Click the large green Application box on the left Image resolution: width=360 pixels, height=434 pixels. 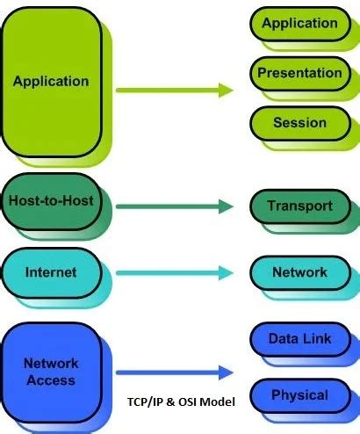click(x=51, y=82)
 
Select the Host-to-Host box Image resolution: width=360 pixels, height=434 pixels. click(x=50, y=201)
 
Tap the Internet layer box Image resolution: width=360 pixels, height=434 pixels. click(x=50, y=271)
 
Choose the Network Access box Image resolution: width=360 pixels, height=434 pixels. click(x=50, y=372)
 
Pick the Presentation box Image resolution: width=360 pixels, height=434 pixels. click(x=299, y=74)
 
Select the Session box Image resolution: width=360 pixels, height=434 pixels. click(x=299, y=123)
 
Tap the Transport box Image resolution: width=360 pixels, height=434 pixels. click(x=299, y=206)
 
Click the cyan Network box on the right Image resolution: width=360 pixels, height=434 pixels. click(x=299, y=272)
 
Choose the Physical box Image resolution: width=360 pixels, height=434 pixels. click(x=299, y=394)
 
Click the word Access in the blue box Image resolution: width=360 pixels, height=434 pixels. click(x=50, y=380)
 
